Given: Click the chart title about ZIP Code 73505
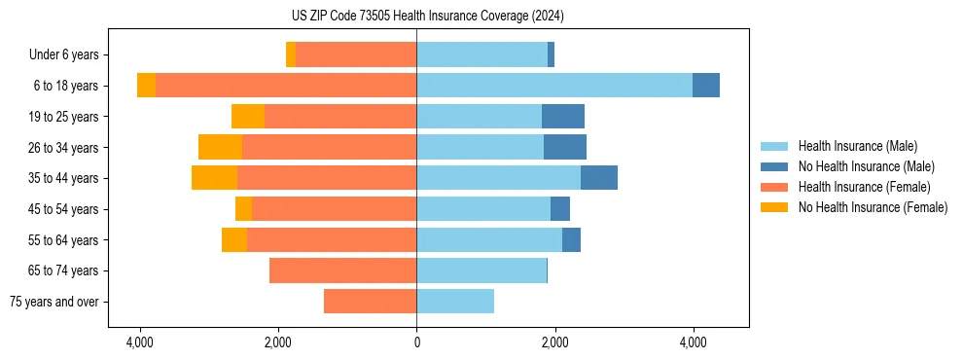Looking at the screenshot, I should [x=481, y=16].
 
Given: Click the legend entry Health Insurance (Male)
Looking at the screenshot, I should [x=857, y=146].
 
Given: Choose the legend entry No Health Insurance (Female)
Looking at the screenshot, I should [x=873, y=207].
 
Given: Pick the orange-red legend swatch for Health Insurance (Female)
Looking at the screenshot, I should [x=775, y=187].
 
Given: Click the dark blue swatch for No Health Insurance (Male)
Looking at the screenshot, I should [x=775, y=166].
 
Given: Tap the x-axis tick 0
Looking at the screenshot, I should [x=416, y=342].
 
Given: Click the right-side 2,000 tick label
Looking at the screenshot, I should [x=554, y=342].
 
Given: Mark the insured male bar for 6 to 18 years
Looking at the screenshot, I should [x=554, y=86].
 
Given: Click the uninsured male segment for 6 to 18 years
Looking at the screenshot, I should [x=706, y=86].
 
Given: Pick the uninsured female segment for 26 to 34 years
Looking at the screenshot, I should [x=220, y=147].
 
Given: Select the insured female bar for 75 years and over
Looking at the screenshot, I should [x=370, y=302].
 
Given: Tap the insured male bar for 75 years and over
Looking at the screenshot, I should [x=455, y=302].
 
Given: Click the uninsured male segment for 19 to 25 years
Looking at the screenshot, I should [x=563, y=117].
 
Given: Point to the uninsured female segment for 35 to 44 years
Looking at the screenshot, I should [x=214, y=178].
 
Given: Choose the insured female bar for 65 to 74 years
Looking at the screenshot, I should [x=342, y=270].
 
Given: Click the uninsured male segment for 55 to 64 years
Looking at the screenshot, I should [x=571, y=239].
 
